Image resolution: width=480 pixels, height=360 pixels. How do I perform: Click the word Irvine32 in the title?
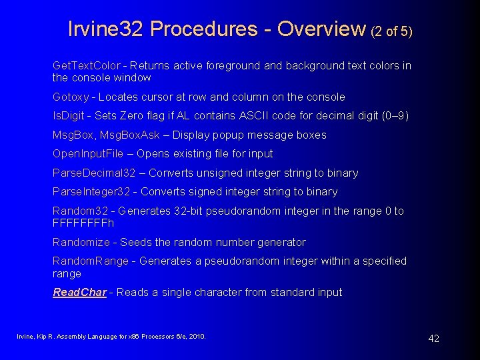pyautogui.click(x=107, y=29)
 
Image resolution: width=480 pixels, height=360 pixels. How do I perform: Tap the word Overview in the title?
pyautogui.click(x=321, y=29)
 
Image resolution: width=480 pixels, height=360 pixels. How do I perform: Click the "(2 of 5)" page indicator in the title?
pyautogui.click(x=391, y=31)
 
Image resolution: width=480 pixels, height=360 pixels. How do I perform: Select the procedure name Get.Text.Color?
pyautogui.click(x=87, y=65)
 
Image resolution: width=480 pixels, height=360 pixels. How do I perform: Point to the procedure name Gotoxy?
pyautogui.click(x=70, y=97)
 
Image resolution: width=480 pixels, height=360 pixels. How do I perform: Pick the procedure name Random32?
pyautogui.click(x=80, y=211)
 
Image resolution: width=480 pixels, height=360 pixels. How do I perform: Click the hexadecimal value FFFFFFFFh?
pyautogui.click(x=83, y=223)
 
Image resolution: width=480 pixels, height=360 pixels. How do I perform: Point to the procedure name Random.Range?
pyautogui.click(x=91, y=261)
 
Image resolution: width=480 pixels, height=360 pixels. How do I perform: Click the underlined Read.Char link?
pyautogui.click(x=79, y=293)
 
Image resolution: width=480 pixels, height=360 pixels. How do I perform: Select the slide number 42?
pyautogui.click(x=433, y=339)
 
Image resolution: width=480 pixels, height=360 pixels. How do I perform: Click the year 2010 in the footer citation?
pyautogui.click(x=197, y=337)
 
